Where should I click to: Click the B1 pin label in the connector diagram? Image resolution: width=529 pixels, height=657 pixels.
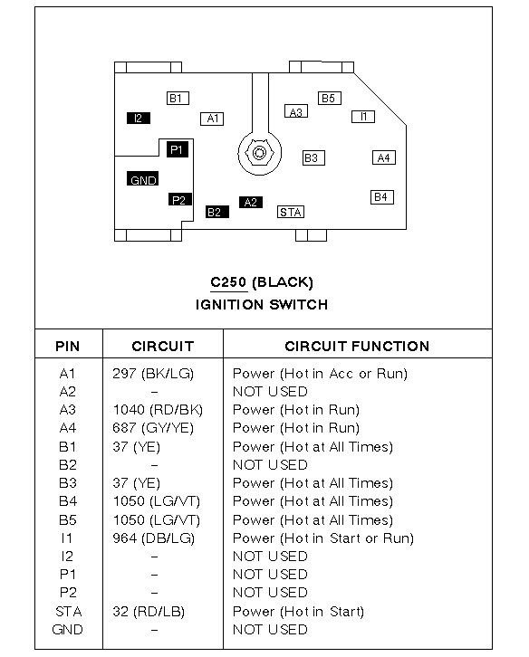(177, 98)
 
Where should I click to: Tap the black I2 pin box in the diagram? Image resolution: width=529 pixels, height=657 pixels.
(139, 118)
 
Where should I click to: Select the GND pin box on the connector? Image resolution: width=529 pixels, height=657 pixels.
(144, 179)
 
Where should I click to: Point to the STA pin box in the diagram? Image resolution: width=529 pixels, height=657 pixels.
(290, 211)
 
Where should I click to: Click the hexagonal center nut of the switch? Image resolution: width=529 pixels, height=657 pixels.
(259, 152)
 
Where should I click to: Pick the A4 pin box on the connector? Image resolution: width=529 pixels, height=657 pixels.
(384, 157)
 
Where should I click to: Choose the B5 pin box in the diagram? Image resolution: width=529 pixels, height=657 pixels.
(328, 98)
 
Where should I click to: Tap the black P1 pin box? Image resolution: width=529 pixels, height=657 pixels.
(178, 149)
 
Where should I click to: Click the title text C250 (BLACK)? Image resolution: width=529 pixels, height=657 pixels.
(262, 282)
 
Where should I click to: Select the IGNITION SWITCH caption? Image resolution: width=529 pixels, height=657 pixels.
(262, 304)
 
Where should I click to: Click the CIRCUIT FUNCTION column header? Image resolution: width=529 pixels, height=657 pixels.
(357, 346)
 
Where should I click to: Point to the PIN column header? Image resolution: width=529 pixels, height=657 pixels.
(68, 346)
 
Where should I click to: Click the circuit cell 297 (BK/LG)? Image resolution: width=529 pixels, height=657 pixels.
(153, 373)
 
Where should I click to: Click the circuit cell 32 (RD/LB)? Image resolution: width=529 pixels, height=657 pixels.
(149, 611)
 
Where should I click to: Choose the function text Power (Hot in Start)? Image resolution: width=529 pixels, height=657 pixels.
(298, 611)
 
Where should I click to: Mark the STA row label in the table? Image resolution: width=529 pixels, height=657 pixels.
(68, 611)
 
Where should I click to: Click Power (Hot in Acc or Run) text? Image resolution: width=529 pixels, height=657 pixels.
(320, 373)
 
